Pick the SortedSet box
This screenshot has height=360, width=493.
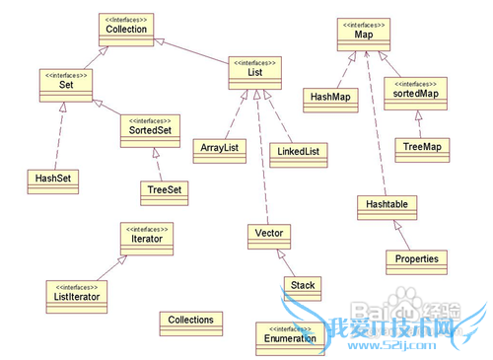tap(152, 128)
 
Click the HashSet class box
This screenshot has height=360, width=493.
tap(52, 180)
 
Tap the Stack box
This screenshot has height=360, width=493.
tap(303, 286)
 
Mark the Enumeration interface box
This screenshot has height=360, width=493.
tap(291, 336)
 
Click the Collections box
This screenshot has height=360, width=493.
tap(190, 321)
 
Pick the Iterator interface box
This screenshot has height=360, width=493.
tap(147, 237)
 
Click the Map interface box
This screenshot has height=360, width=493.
tap(363, 35)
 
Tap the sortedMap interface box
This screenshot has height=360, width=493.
tap(410, 94)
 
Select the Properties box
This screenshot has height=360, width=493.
tap(417, 260)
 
